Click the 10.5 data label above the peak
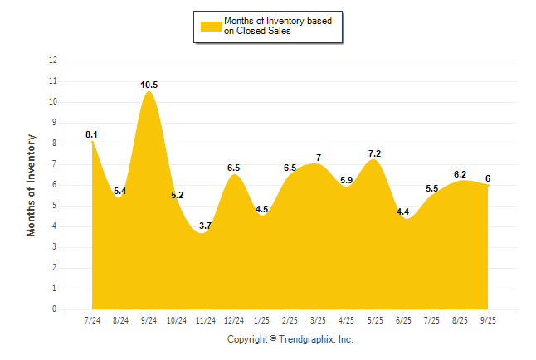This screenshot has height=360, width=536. point(149,85)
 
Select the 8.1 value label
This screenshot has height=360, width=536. point(92,134)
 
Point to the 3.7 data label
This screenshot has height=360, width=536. point(206,226)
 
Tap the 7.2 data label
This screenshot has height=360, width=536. point(374,153)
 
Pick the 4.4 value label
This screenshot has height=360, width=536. point(402,212)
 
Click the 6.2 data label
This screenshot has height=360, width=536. point(459,174)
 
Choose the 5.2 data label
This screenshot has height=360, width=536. point(178,195)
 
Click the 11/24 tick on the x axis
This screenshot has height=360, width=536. point(206,321)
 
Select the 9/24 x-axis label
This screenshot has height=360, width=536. point(149,321)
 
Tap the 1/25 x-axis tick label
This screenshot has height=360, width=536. point(262,321)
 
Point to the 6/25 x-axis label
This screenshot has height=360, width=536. point(403,321)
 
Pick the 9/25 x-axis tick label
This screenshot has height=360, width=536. point(488,321)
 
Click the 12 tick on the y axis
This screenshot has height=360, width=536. point(53,61)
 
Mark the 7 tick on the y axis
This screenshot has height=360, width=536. point(55,164)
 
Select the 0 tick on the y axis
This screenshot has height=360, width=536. point(55,309)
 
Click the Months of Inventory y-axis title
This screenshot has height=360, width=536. point(32,185)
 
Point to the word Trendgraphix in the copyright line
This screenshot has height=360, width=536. point(307,339)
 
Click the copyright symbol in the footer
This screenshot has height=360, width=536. point(273,339)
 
